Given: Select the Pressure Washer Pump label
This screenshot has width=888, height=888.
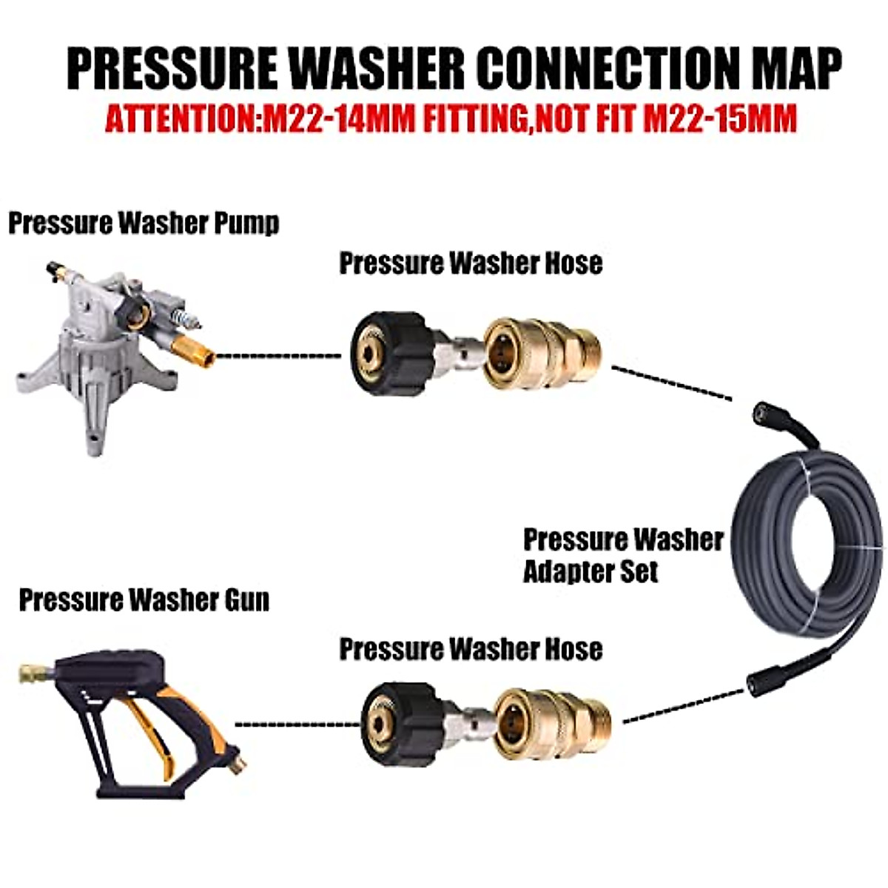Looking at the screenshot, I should [144, 223].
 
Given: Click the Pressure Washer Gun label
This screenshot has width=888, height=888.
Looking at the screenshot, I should [144, 600].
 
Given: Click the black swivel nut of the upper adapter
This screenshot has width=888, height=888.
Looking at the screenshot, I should [388, 354].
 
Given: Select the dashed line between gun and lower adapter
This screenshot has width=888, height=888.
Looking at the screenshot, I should [296, 725].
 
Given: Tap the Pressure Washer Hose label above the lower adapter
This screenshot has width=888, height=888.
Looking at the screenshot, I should [471, 649].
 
